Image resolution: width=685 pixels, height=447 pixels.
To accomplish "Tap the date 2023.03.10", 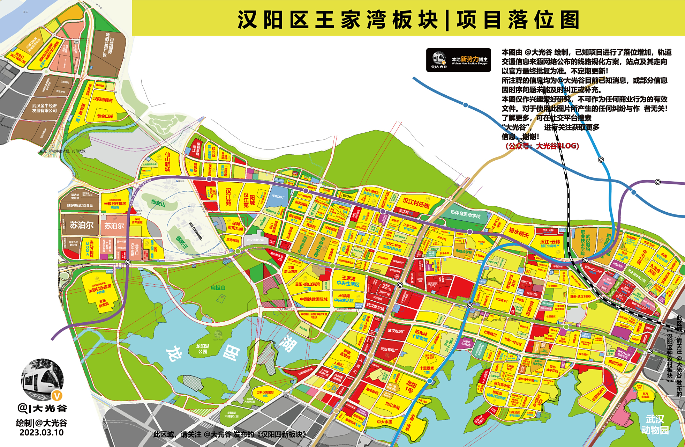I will click(42, 432).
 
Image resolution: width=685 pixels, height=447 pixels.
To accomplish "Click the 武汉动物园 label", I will click(655, 424).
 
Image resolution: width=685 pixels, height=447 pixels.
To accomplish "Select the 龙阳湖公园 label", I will click(203, 349).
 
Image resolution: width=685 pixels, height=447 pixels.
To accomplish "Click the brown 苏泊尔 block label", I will click(82, 225).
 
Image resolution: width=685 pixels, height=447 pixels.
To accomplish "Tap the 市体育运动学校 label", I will click(465, 214).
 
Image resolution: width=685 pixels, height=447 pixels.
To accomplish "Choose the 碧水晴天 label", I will click(519, 233).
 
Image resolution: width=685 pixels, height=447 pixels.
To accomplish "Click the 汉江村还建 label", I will click(416, 202).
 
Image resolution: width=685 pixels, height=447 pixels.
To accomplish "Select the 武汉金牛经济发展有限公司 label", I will click(44, 108).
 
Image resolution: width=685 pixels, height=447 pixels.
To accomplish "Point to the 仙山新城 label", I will click(167, 162).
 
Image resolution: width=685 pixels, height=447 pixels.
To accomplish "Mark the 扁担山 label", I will click(218, 287).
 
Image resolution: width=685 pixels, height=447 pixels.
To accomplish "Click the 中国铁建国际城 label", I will click(314, 299).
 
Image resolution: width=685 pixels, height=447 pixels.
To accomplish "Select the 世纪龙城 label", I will click(392, 406).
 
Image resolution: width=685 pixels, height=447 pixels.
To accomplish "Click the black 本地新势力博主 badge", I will click(459, 60).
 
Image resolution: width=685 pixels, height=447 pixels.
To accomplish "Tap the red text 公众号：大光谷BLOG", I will click(542, 146).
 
